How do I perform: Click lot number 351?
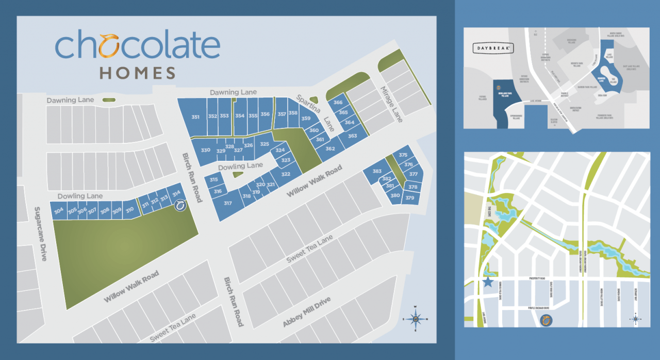[x=195, y=117]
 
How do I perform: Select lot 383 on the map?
[x=377, y=171]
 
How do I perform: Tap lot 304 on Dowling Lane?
[x=59, y=210]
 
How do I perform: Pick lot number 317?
[x=228, y=203]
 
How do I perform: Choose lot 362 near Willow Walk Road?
[x=331, y=149]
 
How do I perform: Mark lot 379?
[x=410, y=198]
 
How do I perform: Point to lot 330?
[x=206, y=150]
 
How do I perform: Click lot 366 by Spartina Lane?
[x=338, y=103]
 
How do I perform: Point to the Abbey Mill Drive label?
[x=306, y=313]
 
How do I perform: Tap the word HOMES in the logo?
[x=138, y=73]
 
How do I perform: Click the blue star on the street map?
[x=488, y=282]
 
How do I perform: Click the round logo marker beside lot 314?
[x=180, y=206]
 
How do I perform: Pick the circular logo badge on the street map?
[x=546, y=321]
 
